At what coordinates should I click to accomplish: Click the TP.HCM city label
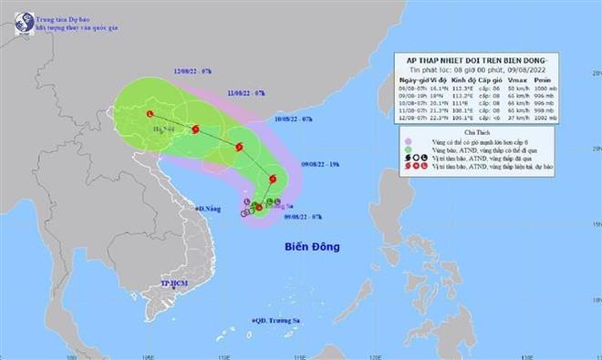click(144, 283)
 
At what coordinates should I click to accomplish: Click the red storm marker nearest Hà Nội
click(150, 113)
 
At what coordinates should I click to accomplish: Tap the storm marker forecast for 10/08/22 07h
click(238, 147)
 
